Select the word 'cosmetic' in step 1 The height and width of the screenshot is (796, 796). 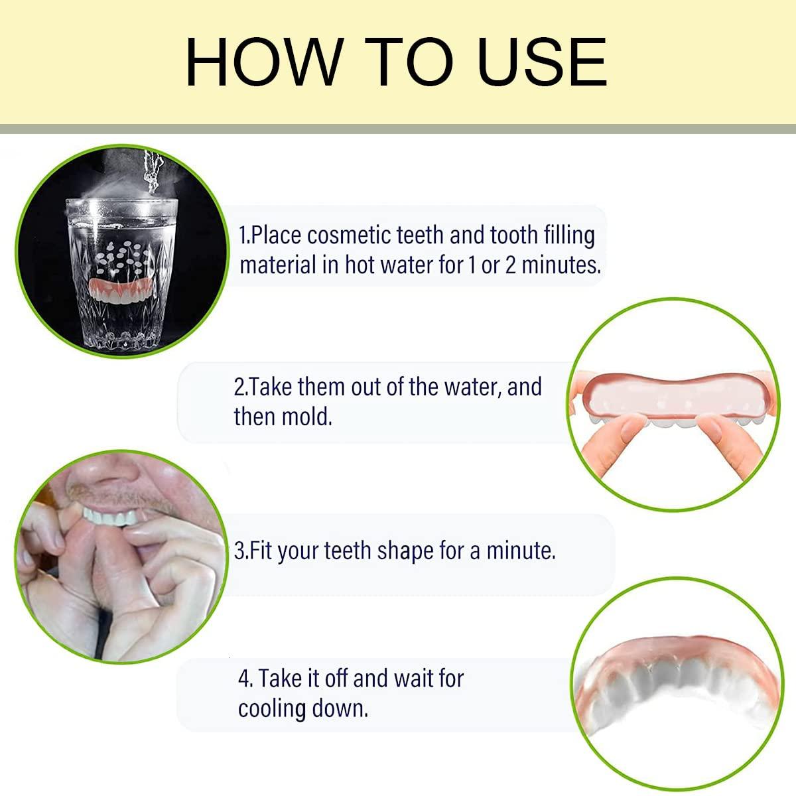(x=350, y=235)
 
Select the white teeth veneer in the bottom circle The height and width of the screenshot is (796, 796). (x=670, y=690)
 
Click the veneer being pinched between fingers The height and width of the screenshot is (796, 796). (x=670, y=405)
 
